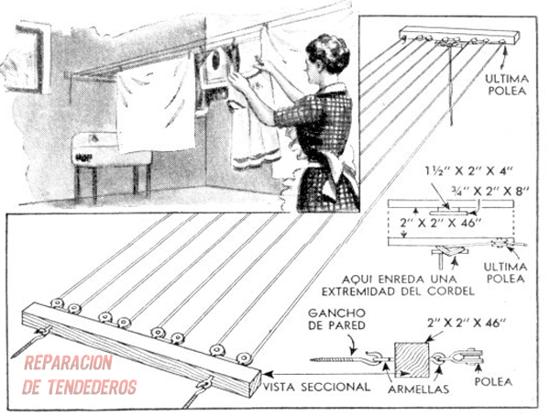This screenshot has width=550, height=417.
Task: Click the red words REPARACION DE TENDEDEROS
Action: [80, 374]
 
